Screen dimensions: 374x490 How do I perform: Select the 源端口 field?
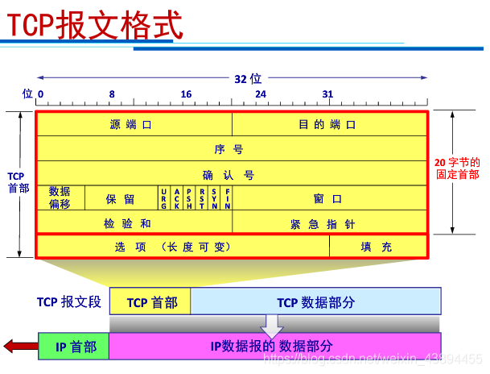click(134, 125)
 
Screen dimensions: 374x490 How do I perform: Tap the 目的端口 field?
click(328, 125)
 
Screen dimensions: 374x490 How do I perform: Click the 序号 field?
click(230, 149)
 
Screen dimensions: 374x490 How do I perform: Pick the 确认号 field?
click(230, 174)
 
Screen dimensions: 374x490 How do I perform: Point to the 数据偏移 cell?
click(60, 197)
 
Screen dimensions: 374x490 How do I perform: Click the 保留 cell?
click(121, 198)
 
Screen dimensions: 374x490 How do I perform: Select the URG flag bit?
click(164, 197)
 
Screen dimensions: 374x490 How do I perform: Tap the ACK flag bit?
click(177, 197)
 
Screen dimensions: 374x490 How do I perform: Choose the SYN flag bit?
click(215, 197)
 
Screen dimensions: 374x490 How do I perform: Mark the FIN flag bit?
click(228, 197)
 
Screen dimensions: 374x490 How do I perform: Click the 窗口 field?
click(328, 198)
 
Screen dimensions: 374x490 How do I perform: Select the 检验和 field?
click(134, 222)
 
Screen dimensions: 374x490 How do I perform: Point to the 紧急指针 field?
click(328, 222)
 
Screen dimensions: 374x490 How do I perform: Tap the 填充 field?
click(377, 247)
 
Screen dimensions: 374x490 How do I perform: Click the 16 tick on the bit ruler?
click(186, 94)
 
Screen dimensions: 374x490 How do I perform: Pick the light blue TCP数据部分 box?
click(315, 302)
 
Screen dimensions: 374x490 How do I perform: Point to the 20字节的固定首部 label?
click(457, 168)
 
